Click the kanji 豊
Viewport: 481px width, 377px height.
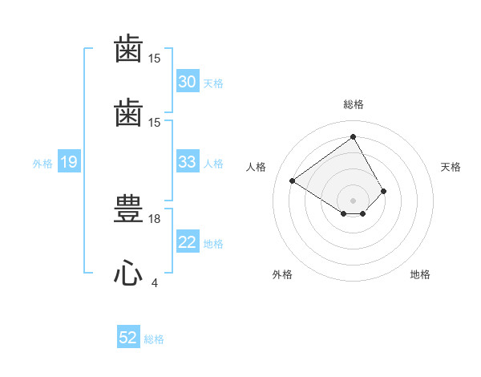tap(128, 209)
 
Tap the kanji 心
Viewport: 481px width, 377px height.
tap(128, 272)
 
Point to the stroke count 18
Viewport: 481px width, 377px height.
tap(154, 219)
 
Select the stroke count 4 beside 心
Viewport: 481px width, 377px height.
tap(155, 282)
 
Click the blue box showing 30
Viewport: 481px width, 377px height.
tap(188, 81)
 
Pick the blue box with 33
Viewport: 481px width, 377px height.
tap(188, 161)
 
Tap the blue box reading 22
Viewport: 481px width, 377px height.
tap(188, 241)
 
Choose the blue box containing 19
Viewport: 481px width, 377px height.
tap(69, 161)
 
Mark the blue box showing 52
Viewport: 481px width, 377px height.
tap(128, 336)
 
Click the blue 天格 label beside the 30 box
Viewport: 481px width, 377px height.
tap(213, 83)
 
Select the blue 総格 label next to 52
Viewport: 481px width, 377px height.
tap(154, 339)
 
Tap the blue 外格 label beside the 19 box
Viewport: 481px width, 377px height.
tap(42, 164)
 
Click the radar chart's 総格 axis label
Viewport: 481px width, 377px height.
tap(354, 104)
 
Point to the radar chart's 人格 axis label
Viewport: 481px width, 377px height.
tap(256, 167)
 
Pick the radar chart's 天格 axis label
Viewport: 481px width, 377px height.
tap(451, 167)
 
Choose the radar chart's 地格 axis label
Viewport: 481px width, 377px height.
tap(420, 274)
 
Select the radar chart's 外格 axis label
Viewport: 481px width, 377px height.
tap(282, 274)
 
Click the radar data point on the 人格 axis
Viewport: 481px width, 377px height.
tap(293, 180)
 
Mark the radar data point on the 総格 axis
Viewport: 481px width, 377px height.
tap(353, 136)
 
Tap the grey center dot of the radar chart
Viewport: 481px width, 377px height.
tap(353, 201)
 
